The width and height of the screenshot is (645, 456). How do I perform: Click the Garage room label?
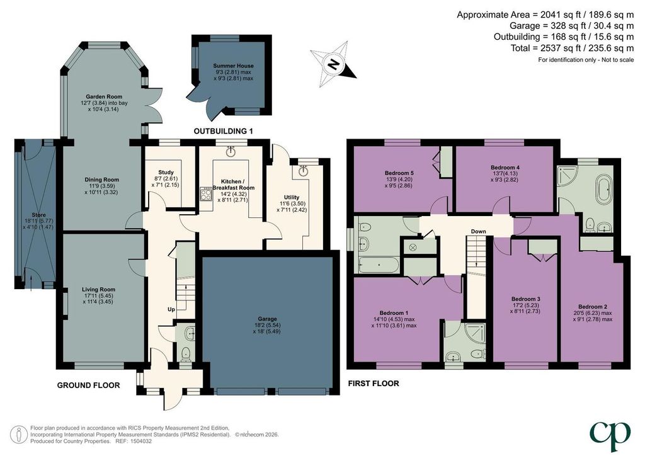point(267,319)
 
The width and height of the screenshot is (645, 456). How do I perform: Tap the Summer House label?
point(233,66)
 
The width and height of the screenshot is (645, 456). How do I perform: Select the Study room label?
point(166,173)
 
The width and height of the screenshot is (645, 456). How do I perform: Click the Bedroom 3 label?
point(526,299)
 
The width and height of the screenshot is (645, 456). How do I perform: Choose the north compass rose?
point(334,64)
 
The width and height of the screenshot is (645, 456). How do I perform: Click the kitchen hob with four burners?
point(205,193)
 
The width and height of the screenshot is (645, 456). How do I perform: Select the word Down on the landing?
point(479,232)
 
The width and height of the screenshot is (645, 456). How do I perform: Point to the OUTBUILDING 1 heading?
point(224,132)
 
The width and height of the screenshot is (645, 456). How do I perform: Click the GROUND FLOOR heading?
point(88,385)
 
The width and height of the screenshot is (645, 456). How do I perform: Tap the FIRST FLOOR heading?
point(374,384)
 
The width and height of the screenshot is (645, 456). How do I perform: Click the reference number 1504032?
point(142,441)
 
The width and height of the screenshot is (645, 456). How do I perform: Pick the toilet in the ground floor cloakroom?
point(186,353)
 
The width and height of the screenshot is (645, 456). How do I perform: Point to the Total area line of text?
point(572,48)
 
